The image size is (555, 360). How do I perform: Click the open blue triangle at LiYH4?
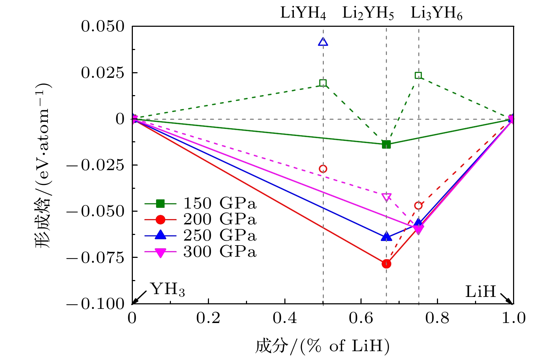[x=323, y=42]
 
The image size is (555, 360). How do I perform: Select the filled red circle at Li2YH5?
[x=386, y=263]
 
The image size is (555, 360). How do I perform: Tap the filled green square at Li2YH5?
[x=386, y=144]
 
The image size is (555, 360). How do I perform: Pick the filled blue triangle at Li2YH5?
[x=386, y=237]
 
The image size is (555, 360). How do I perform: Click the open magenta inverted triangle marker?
[x=386, y=197]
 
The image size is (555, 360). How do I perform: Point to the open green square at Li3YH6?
[x=418, y=75]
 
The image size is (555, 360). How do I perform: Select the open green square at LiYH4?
[x=323, y=83]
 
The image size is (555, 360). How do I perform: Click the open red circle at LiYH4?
[x=323, y=169]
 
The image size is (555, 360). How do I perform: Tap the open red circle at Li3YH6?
[x=418, y=205]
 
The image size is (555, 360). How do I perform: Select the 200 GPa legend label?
[x=220, y=219]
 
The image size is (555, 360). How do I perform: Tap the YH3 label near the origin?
[x=168, y=290]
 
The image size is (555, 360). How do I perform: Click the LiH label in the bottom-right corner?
[x=480, y=292]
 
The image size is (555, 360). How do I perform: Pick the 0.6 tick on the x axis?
[x=361, y=318]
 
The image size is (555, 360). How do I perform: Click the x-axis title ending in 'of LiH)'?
[x=322, y=346]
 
